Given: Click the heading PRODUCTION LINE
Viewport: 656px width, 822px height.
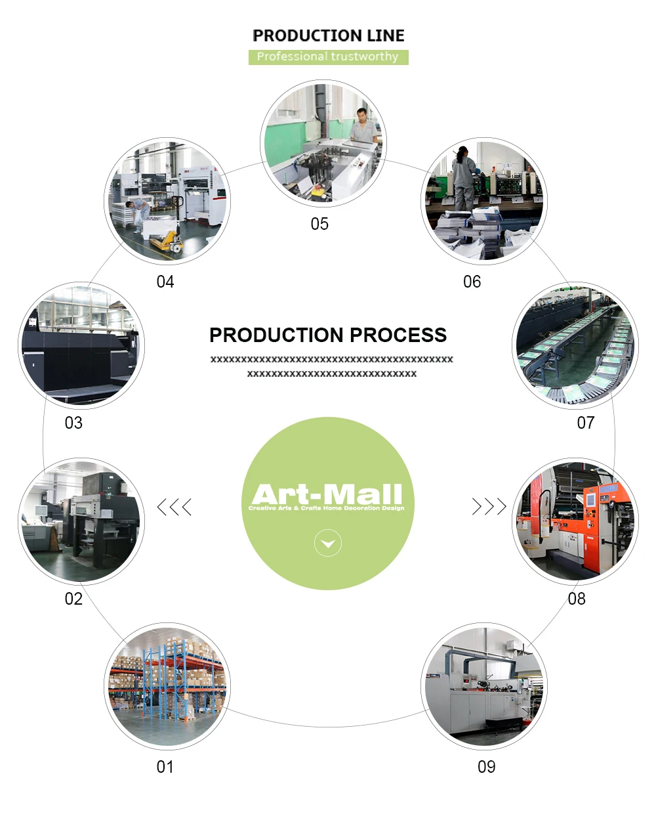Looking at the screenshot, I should pos(328,35).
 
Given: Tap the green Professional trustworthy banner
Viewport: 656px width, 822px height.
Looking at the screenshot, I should pos(328,57).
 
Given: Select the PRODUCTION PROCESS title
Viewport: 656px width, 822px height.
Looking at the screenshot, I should pos(328,335).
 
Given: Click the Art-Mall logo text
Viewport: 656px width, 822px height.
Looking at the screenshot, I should pos(327,493).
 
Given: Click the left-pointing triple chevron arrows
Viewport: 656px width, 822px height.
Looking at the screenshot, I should pos(174,507).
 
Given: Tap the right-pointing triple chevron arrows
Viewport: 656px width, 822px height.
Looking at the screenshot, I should pos(489,507).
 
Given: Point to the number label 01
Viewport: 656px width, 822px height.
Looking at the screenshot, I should pos(165,767).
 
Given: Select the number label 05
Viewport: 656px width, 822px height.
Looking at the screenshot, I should pos(319,224).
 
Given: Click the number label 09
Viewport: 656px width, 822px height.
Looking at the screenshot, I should pos(487,767).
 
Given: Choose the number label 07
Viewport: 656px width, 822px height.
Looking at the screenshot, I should pos(586,423).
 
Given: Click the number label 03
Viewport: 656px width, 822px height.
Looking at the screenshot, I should pos(73,423).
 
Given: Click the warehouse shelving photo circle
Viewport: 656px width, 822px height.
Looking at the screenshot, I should pos(167,686).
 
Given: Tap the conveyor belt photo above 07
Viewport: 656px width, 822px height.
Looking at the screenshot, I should pos(575,346).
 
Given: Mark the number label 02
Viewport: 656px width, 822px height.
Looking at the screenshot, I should pos(73,599).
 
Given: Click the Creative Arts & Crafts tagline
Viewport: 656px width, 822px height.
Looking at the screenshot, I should pos(327,508).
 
